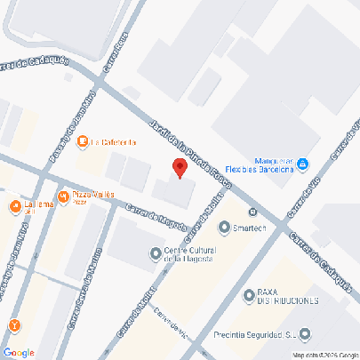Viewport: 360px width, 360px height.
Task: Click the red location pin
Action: [179, 167]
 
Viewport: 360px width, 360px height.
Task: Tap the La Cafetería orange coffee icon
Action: [83, 141]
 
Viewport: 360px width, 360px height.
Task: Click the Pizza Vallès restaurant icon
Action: [63, 196]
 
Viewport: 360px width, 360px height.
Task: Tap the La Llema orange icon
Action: [15, 206]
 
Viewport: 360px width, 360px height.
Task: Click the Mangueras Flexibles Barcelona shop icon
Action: [303, 163]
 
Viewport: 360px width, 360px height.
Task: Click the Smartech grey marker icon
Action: [224, 228]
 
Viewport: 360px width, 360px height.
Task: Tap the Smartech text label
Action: [250, 228]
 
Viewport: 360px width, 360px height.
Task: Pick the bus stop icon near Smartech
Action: [253, 212]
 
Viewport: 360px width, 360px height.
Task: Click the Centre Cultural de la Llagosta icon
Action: [156, 253]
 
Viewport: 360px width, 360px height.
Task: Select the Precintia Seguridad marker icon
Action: [306, 334]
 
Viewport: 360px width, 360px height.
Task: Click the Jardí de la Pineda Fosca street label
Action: [191, 153]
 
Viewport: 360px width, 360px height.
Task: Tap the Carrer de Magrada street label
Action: [156, 220]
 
